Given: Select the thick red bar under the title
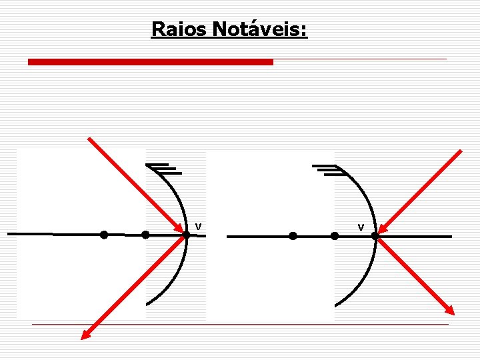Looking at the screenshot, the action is [x=150, y=62].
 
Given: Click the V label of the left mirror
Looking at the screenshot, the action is [x=198, y=227].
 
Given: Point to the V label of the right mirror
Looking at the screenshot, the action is [x=361, y=228].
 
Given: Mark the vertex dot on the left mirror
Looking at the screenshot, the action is [x=186, y=235].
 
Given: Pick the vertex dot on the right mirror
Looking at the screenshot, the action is [x=375, y=236].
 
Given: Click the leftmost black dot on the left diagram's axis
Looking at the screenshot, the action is [x=104, y=235].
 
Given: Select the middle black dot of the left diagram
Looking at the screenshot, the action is [x=145, y=235].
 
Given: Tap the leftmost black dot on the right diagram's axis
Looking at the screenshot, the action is [x=293, y=236].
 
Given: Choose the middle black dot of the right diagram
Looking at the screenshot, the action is [x=335, y=236].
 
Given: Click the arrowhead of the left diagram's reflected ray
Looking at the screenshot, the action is [x=84, y=336].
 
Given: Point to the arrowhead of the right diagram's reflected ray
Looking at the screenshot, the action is [x=451, y=310].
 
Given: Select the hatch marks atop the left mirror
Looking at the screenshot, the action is [x=164, y=169].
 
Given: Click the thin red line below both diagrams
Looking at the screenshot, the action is [x=240, y=324].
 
